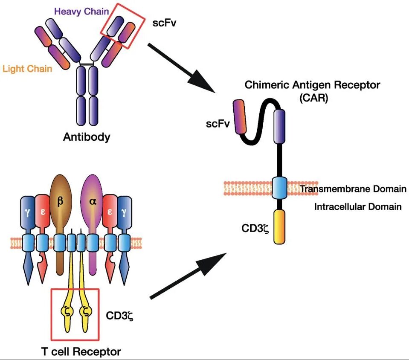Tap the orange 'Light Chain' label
point(27,69)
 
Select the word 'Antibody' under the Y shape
point(87,137)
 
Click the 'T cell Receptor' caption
point(81,352)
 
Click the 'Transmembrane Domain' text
point(352,189)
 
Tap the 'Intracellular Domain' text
point(358,207)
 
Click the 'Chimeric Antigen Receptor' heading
point(312,84)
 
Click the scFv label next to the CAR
point(218,124)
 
